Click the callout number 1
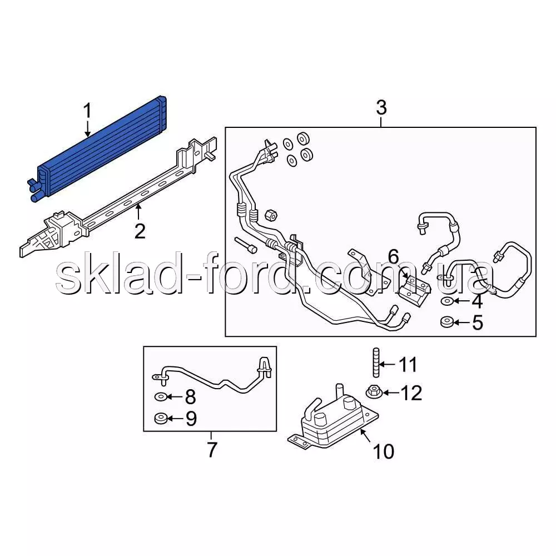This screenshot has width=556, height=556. coord(87,111)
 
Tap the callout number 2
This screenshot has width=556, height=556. coord(140,231)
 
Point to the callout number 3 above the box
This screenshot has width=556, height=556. coord(381,107)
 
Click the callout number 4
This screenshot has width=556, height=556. coord(477,302)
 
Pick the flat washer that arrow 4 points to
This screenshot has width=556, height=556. coord(447,301)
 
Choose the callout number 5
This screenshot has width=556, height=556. coord(478,322)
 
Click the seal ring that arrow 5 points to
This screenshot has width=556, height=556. coord(447,322)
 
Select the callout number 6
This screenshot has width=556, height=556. coord(393,257)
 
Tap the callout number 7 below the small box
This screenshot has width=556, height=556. coord(212,450)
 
